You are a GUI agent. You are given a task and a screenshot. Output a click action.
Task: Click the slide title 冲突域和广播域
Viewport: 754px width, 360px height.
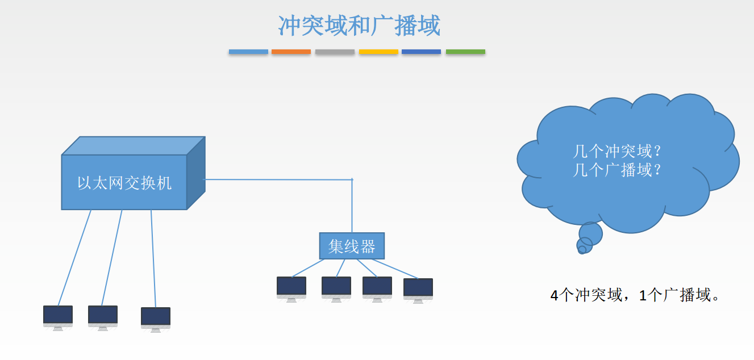359,26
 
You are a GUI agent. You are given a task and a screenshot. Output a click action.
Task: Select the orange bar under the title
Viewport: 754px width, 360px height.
291,52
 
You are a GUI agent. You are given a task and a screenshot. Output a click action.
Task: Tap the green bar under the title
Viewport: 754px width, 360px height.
465,52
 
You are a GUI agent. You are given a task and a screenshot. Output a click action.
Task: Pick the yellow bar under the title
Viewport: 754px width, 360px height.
378,52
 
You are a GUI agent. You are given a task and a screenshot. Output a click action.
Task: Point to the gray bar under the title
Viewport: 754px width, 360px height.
335,52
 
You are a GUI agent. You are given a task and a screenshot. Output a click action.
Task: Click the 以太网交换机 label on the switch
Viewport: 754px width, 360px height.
124,183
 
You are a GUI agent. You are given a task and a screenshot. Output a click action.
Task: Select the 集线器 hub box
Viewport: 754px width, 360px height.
352,246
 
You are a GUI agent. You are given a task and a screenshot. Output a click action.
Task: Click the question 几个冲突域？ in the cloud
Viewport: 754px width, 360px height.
618,152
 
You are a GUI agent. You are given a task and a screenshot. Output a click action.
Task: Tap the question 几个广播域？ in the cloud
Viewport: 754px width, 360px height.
618,170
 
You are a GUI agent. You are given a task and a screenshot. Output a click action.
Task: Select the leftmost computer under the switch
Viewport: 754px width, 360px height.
58,317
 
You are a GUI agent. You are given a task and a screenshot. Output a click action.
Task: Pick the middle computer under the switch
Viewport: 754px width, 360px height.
103,317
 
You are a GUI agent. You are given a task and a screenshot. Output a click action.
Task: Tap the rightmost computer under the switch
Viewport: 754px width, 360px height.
156,319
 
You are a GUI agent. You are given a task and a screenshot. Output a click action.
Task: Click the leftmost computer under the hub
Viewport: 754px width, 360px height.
291,288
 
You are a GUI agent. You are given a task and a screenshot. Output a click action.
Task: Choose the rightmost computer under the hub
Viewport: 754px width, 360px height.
418,290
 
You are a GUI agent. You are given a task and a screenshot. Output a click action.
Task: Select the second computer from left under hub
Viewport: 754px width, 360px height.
336,288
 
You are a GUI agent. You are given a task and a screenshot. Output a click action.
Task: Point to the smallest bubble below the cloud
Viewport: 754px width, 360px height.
581,250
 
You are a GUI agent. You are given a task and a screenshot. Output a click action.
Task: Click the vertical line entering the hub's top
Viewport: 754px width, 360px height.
352,207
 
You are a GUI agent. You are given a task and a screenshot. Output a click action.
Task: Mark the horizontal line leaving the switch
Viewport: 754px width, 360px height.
278,179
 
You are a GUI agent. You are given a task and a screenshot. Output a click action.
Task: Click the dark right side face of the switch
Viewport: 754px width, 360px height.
196,173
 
